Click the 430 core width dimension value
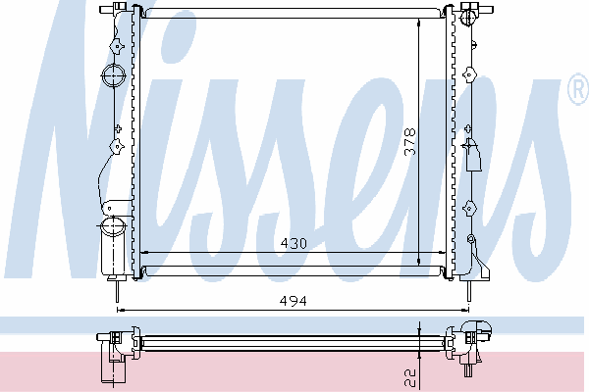[x=294, y=243]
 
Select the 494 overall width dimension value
[x=293, y=301]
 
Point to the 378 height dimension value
[x=410, y=141]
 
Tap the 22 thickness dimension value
[x=410, y=377]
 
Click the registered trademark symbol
[x=578, y=89]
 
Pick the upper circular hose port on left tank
[x=113, y=75]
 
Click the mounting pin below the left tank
[x=117, y=291]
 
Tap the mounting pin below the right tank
[x=468, y=291]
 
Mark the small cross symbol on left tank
[x=118, y=128]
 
